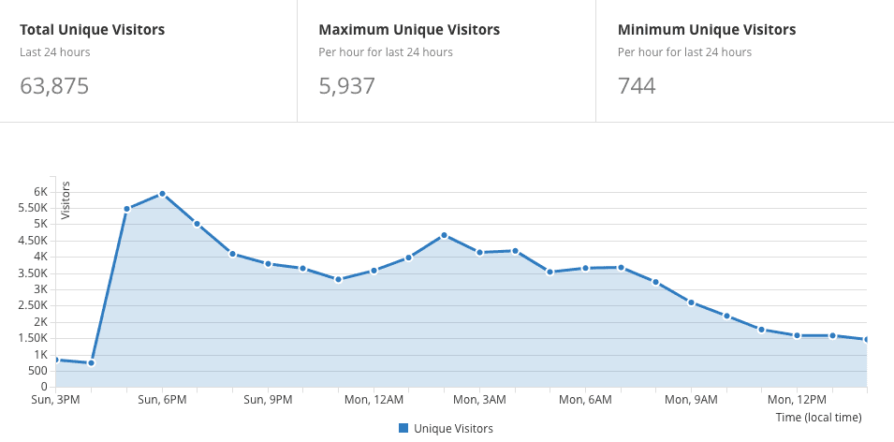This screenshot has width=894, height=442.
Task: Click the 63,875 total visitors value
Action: [x=54, y=87]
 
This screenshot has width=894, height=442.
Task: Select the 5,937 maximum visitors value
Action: [x=346, y=87]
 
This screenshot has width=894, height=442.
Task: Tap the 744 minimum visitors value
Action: [x=637, y=87]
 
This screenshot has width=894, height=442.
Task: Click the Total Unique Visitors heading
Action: [x=92, y=30]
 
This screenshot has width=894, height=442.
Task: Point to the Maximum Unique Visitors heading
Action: [x=409, y=30]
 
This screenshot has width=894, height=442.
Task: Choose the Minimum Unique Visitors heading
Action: [x=707, y=30]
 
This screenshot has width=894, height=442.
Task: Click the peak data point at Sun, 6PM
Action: [x=162, y=194]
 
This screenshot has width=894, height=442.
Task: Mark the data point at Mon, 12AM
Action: [x=374, y=271]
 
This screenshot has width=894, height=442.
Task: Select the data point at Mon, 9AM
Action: [x=691, y=302]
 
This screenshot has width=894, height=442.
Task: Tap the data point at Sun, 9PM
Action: [x=268, y=264]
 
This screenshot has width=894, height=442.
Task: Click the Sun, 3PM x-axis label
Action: [x=55, y=400]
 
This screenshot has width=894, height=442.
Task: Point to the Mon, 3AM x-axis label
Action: [x=479, y=400]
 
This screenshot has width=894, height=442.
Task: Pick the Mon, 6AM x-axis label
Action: [x=585, y=400]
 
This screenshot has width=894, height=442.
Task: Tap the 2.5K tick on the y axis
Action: [x=37, y=306]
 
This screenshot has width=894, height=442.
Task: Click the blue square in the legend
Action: [x=403, y=428]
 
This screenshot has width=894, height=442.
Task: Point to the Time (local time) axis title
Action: [x=818, y=417]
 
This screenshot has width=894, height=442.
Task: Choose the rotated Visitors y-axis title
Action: [x=66, y=199]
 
